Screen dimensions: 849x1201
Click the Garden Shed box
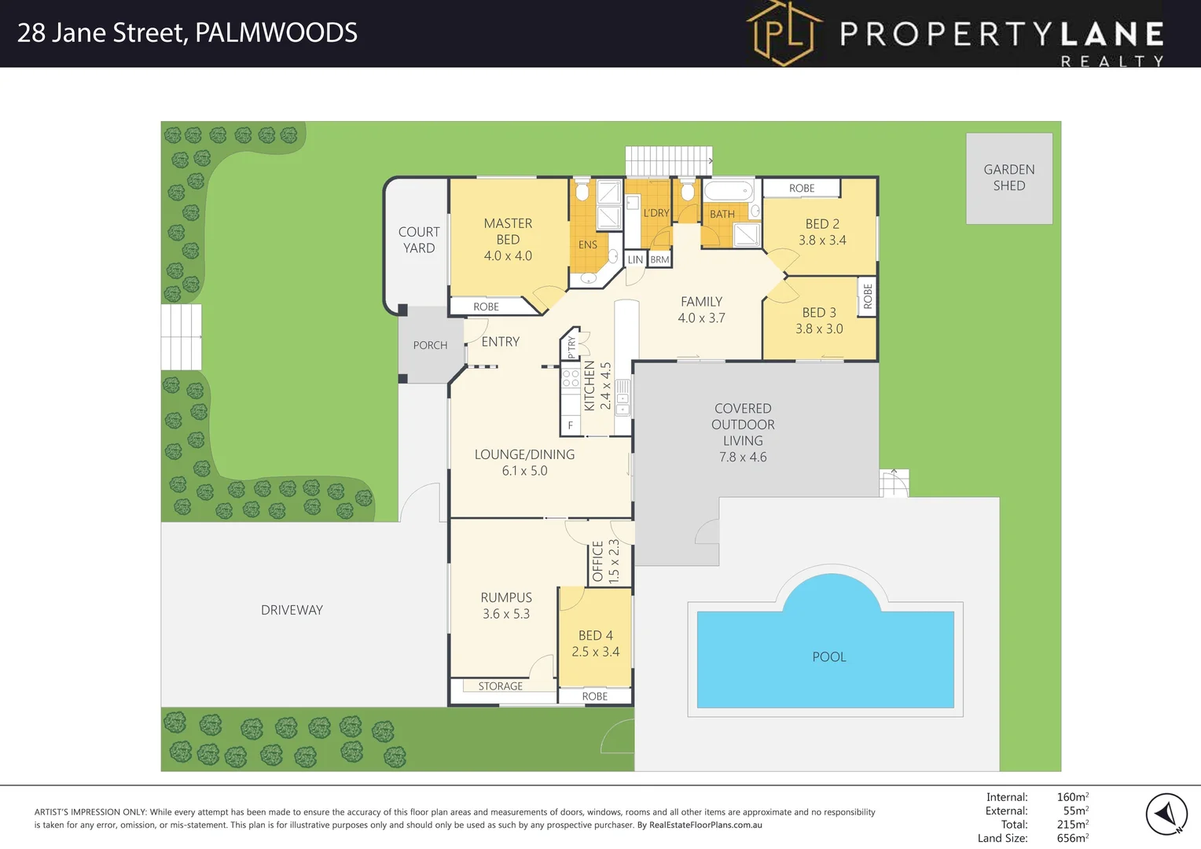point(1008,178)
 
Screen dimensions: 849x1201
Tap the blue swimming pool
point(825,657)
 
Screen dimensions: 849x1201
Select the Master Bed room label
point(508,232)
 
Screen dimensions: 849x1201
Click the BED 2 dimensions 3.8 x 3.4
point(822,241)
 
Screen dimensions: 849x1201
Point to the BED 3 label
point(819,313)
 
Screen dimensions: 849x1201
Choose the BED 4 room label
point(595,635)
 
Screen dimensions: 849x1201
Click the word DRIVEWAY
point(292,610)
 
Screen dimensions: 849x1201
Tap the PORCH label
point(430,345)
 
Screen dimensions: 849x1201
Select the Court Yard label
point(419,240)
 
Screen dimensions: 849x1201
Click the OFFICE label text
point(597,561)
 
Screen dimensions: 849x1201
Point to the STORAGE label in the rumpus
point(500,686)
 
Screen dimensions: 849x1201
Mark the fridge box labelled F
point(571,425)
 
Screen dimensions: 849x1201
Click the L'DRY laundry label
point(656,213)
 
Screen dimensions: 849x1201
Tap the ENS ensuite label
point(587,244)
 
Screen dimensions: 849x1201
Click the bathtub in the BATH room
point(728,191)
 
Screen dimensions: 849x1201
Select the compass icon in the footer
point(1166,814)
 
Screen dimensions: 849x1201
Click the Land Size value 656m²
point(1072,838)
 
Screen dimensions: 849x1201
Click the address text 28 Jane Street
point(102,33)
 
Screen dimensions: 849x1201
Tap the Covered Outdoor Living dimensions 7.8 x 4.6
point(743,458)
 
